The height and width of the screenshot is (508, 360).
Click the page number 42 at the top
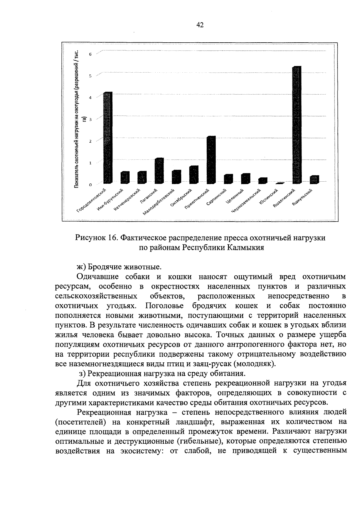click(200, 25)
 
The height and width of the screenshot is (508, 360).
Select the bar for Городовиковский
click(107, 138)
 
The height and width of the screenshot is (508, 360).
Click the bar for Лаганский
click(159, 171)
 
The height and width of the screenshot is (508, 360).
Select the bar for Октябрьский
click(194, 175)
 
